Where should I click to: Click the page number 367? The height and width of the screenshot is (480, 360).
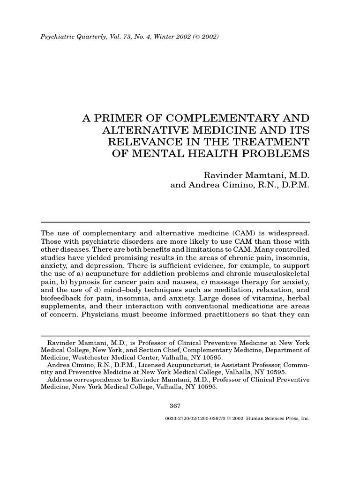tap(175, 405)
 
